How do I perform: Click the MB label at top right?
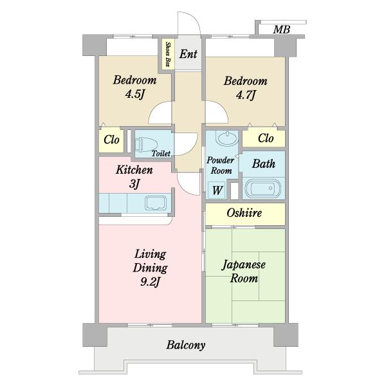(x=281, y=30)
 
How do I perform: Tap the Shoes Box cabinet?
(x=168, y=53)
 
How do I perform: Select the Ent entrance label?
(x=188, y=54)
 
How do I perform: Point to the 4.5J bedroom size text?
(x=134, y=94)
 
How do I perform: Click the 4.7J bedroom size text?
(x=246, y=95)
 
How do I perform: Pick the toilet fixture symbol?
(x=147, y=145)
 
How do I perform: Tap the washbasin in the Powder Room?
(x=226, y=138)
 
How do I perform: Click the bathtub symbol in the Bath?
(x=263, y=188)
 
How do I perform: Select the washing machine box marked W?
(x=217, y=190)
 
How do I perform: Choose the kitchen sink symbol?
(x=155, y=203)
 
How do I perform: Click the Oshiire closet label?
(x=244, y=213)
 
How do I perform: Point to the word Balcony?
(x=186, y=345)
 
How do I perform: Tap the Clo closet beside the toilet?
(x=111, y=140)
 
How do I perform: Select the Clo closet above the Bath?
(x=264, y=138)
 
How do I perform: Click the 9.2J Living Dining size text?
(x=150, y=282)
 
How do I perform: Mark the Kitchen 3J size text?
(x=134, y=184)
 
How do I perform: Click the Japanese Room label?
(x=244, y=271)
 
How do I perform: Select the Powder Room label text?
(x=221, y=165)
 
